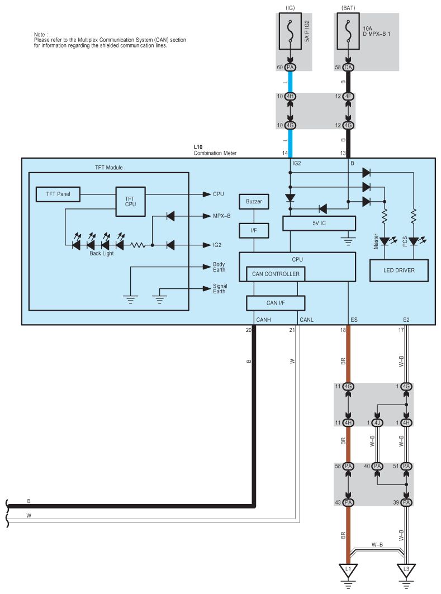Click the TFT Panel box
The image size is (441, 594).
click(x=57, y=194)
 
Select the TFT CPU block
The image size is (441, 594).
click(x=130, y=201)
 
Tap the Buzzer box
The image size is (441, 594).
click(x=254, y=201)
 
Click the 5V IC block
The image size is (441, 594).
click(x=319, y=223)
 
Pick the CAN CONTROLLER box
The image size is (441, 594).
click(x=276, y=274)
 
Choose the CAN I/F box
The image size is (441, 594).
click(x=276, y=303)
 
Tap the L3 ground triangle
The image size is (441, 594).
click(x=406, y=570)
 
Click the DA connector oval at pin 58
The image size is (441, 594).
click(x=348, y=68)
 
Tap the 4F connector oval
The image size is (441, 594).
click(x=348, y=96)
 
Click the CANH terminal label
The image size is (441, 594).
click(x=264, y=320)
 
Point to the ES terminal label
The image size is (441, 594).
click(x=354, y=320)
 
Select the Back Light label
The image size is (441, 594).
click(x=102, y=253)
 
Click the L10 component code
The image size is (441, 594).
click(x=198, y=147)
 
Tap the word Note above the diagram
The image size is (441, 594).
click(x=40, y=35)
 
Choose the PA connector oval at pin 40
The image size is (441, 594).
click(x=377, y=466)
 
